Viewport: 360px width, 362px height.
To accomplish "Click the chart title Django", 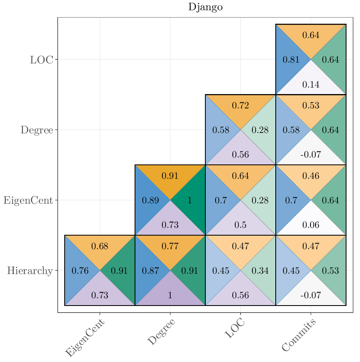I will point(205,7).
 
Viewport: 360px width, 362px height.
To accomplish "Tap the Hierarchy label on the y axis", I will point(30,270).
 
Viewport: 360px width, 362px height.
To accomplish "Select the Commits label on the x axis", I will point(299,335).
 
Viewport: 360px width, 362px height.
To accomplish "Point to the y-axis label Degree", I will point(37,130).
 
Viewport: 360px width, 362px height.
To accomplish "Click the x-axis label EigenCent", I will point(85,338).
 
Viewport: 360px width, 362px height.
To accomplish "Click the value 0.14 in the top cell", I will point(310,85).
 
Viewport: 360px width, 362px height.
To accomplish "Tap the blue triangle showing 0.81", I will point(291,60).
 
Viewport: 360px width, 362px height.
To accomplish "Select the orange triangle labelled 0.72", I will point(241,105).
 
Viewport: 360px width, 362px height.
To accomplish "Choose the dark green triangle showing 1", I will point(189,200).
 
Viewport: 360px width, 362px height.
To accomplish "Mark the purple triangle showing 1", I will point(170,295).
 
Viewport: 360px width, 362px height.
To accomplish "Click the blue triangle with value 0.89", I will point(150,200).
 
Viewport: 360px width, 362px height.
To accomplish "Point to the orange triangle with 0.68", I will point(100,246).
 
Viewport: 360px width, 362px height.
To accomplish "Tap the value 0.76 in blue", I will point(80,271).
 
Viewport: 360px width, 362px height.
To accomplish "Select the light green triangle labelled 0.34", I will point(260,271).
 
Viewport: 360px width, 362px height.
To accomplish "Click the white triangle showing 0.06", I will point(310,225).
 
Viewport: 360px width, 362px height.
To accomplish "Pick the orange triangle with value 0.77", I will point(170,246).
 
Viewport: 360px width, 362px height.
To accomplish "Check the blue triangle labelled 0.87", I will point(150,271).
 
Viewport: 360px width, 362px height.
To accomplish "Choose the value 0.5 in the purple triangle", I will point(241,225).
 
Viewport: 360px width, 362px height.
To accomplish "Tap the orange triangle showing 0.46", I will point(310,175).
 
